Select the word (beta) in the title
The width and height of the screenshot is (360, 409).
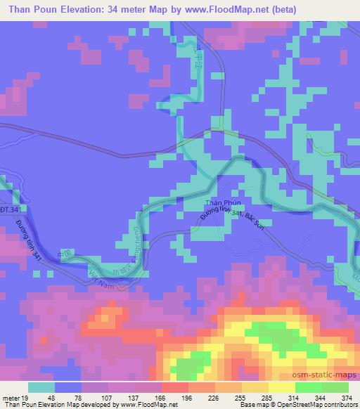[x=281, y=10]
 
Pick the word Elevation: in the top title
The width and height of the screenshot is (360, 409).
[x=91, y=10]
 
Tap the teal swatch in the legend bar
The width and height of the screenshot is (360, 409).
[x=41, y=387]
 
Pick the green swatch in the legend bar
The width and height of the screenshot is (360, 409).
[x=309, y=387]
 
